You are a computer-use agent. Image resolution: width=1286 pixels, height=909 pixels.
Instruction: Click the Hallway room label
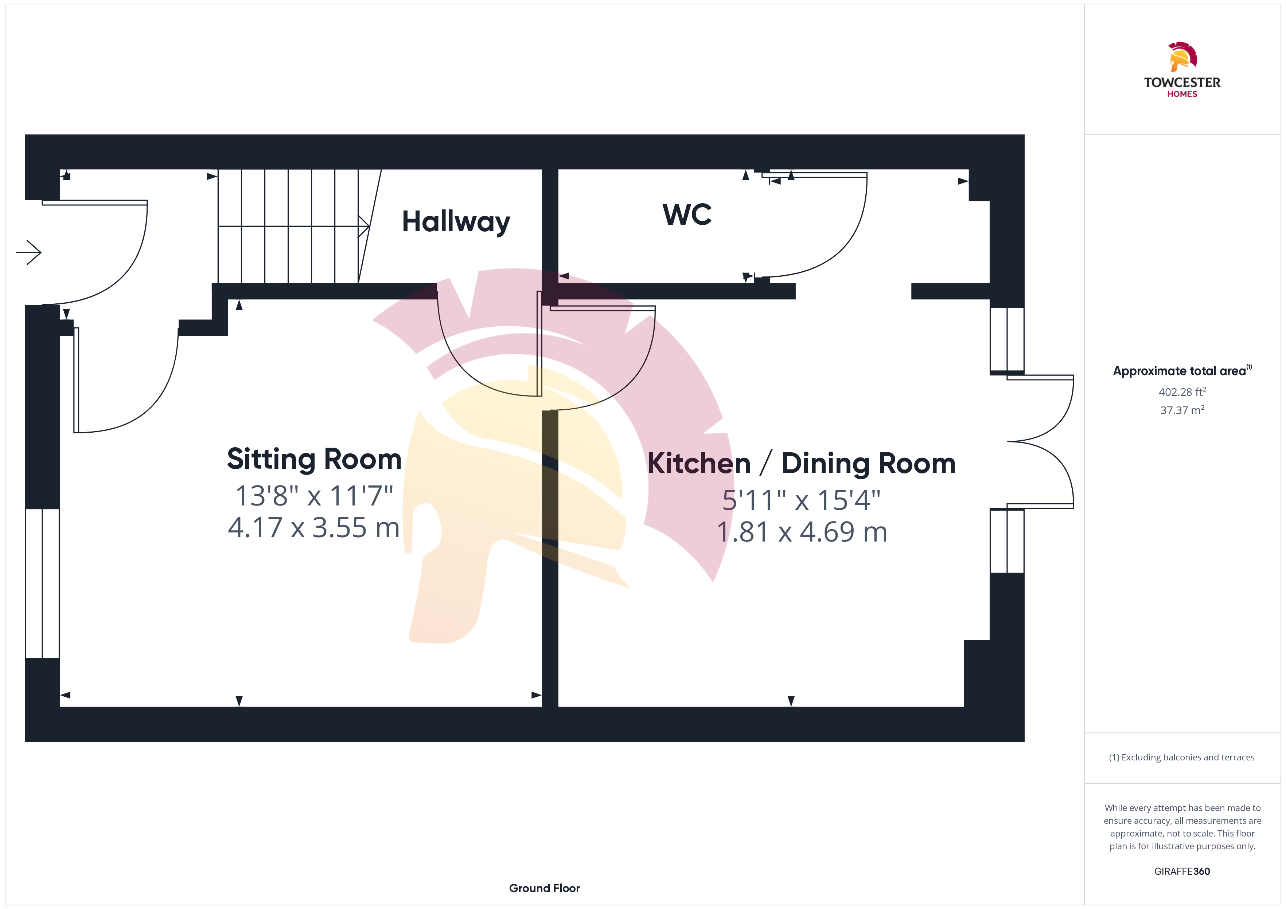456,222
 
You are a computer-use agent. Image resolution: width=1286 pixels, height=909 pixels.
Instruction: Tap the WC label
687,215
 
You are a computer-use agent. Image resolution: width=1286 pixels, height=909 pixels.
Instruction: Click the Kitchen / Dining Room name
802,464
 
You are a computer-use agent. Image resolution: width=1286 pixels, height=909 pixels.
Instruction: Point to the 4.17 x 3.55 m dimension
313,528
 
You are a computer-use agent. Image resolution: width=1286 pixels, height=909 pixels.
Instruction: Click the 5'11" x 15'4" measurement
802,500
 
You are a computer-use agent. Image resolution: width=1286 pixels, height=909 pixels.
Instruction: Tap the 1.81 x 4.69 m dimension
802,532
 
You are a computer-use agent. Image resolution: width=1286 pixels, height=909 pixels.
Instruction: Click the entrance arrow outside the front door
28,252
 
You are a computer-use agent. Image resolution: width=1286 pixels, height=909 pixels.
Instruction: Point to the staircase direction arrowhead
364,226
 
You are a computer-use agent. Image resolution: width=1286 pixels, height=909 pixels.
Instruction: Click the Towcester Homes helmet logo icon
1182,56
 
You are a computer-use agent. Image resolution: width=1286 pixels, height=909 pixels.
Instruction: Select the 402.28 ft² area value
1182,392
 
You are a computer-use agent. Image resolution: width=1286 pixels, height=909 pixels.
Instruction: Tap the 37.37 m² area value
1182,410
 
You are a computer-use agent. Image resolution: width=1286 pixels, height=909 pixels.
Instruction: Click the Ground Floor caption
545,888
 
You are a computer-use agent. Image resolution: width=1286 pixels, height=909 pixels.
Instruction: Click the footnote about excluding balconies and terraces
1182,757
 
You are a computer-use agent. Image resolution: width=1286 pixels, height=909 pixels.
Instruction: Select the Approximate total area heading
1182,370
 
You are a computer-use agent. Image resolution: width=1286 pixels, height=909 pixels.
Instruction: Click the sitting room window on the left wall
43,583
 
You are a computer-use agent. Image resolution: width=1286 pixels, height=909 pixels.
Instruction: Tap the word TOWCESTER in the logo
1182,82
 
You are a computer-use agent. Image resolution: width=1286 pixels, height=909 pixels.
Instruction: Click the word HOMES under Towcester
1182,94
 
